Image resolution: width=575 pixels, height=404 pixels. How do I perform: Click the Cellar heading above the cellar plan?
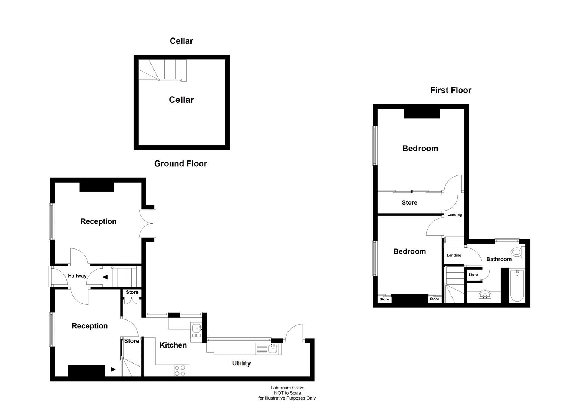[x=181, y=41]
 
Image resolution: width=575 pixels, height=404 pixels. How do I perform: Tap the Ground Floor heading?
[x=180, y=163]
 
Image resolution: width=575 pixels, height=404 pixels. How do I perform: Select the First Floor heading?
[x=451, y=90]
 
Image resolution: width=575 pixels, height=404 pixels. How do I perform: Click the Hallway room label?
[x=77, y=276]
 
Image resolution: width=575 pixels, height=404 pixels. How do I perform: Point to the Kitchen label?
[x=173, y=345]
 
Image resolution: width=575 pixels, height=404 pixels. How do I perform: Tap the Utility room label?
[x=241, y=363]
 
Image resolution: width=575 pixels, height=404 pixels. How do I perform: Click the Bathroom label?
[x=499, y=259]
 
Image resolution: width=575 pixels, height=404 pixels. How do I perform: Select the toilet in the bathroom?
[x=517, y=252]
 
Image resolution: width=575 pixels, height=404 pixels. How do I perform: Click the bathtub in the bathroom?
[x=517, y=286]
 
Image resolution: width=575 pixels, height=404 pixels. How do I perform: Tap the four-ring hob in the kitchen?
[x=180, y=370]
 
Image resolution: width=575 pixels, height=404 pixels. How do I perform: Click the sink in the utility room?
[x=272, y=349]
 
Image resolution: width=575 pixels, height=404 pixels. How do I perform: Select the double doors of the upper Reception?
[x=147, y=223]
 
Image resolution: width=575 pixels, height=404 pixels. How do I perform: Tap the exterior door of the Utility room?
[x=294, y=332]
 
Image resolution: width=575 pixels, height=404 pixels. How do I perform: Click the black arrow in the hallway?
[x=105, y=277]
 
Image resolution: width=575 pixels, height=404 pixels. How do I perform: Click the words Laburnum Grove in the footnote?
[x=287, y=388]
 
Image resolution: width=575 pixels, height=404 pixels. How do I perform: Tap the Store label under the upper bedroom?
[x=409, y=202]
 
